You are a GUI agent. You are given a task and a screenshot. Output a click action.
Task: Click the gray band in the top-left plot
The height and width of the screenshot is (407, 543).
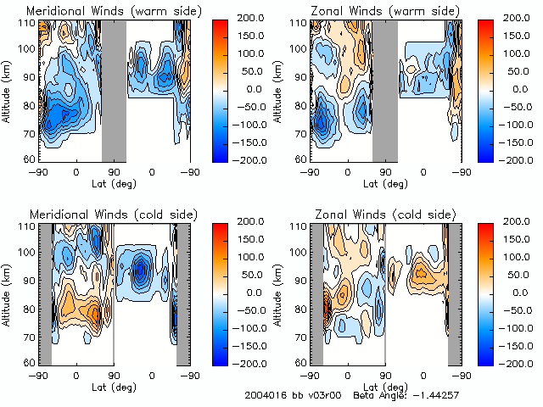click(114, 90)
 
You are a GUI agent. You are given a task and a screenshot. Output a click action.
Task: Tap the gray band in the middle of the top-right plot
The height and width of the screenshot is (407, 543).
click(384, 90)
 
